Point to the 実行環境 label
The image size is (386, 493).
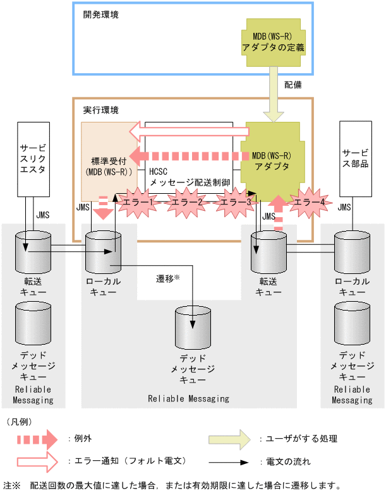coord(101,110)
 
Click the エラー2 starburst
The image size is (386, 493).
coord(187,202)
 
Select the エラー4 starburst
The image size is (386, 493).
coord(310,202)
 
